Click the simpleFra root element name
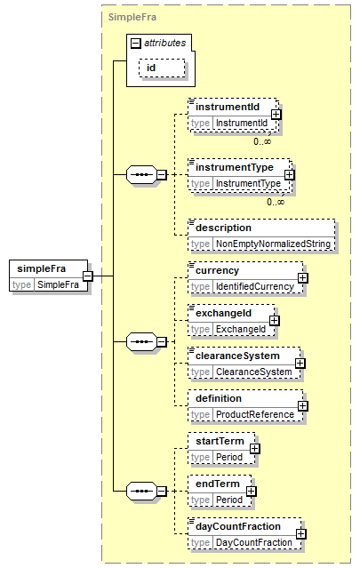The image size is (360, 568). [41, 268]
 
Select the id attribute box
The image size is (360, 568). [162, 68]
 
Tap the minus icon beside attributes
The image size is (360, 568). [135, 44]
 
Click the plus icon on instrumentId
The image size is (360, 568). [276, 115]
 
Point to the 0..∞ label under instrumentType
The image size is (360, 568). [276, 202]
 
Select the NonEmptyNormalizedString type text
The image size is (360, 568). [273, 244]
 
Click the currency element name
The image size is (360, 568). [217, 270]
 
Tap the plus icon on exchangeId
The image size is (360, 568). [274, 321]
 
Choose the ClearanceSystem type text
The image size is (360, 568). [254, 372]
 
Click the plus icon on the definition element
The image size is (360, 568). [303, 406]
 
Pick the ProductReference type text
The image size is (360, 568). [255, 414]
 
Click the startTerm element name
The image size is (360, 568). [220, 441]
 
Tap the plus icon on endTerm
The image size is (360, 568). [251, 492]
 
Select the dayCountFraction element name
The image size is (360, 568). [238, 526]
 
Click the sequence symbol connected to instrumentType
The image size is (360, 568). [141, 174]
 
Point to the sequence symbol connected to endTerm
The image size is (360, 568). [141, 492]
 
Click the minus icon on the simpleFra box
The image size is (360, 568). [88, 276]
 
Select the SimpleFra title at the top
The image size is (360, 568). [132, 17]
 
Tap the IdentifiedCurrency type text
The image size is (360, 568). [255, 286]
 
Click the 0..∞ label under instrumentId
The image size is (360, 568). [262, 141]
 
